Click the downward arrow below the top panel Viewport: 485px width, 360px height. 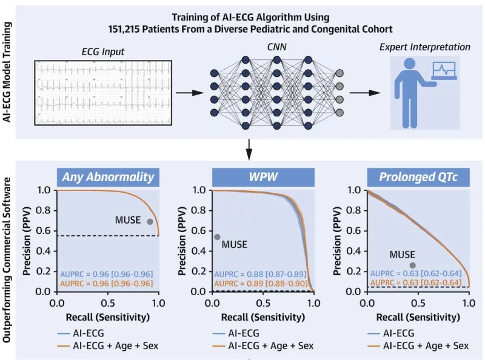[249, 148]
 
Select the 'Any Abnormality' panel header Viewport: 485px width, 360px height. [108, 177]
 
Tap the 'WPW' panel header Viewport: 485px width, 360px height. [263, 177]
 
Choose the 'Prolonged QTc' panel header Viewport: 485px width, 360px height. [418, 177]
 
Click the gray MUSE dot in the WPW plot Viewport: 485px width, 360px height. [217, 236]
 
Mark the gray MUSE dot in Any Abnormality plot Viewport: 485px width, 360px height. [150, 221]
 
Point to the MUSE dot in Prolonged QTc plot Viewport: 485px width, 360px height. [413, 265]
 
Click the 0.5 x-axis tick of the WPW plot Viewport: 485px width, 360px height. [263, 302]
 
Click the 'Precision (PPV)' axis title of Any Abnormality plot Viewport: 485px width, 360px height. [27, 241]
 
